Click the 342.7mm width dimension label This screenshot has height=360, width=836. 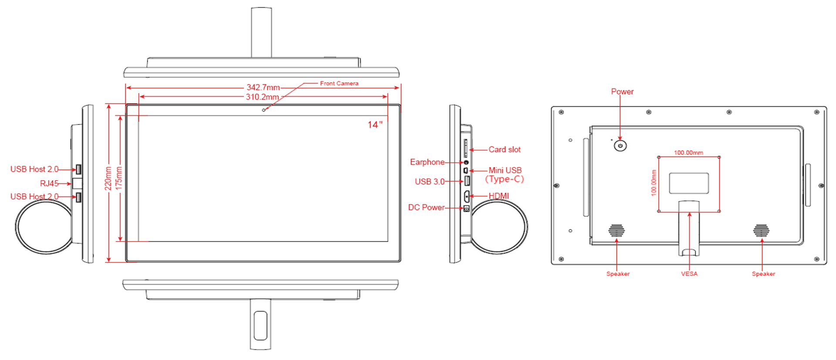(x=263, y=87)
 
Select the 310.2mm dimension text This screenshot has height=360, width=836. (x=262, y=97)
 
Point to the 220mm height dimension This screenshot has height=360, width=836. (x=108, y=178)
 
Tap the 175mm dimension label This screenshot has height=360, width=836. (x=119, y=178)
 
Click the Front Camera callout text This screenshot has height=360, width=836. (x=339, y=83)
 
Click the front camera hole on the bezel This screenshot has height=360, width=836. (x=263, y=110)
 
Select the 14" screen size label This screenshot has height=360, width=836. (x=375, y=125)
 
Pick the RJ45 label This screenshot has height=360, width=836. (x=49, y=183)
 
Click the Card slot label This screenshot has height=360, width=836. (x=504, y=149)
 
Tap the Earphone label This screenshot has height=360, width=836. (x=427, y=162)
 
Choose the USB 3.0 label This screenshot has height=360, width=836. (x=429, y=182)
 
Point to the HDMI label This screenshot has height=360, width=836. (x=499, y=196)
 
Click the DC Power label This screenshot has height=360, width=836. (x=426, y=207)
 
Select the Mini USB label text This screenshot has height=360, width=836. (x=505, y=170)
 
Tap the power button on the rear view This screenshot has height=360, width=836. (x=620, y=146)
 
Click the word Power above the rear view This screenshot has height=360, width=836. (x=622, y=91)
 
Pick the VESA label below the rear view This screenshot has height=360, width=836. (x=689, y=274)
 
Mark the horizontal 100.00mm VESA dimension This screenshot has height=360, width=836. (x=688, y=152)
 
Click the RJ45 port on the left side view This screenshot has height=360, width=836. (x=77, y=183)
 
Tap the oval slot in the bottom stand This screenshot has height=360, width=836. (x=260, y=325)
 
